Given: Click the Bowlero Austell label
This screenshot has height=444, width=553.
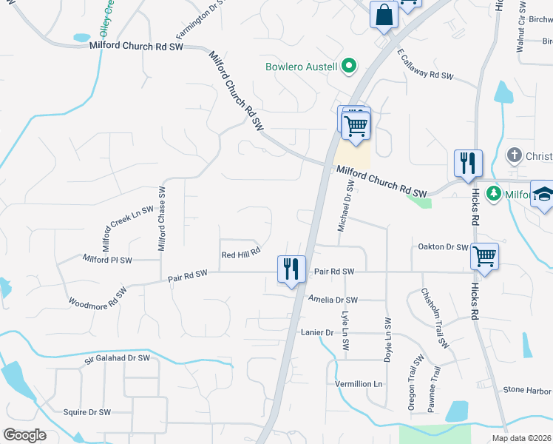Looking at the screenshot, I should coord(302,67).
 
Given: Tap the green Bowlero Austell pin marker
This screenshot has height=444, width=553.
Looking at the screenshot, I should coord(349,67).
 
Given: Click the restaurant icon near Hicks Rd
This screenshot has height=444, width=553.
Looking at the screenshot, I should coord(467,163).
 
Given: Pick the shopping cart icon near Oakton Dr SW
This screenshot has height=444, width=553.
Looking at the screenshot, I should coord(484,256).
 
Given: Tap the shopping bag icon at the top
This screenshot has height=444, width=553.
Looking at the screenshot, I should coord(384,14).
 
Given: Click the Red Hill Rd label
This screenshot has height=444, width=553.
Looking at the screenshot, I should coord(241,253).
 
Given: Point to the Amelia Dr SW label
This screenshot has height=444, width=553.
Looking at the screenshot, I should coord(333,300).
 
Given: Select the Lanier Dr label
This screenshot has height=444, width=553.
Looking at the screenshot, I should coord(318,333).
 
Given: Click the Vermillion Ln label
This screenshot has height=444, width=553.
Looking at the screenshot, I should coord(359,384).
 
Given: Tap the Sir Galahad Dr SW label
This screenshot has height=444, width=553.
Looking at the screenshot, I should coord(117,358).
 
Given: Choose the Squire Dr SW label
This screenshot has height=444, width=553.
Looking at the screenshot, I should coord(86,412).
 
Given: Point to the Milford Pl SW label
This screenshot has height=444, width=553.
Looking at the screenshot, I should coord(107,260).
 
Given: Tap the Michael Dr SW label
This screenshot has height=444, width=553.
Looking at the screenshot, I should coord(343,209).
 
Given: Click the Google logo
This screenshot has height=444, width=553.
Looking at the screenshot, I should coord(24,435).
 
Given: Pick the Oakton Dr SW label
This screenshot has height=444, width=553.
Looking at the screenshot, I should coord(443,247).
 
